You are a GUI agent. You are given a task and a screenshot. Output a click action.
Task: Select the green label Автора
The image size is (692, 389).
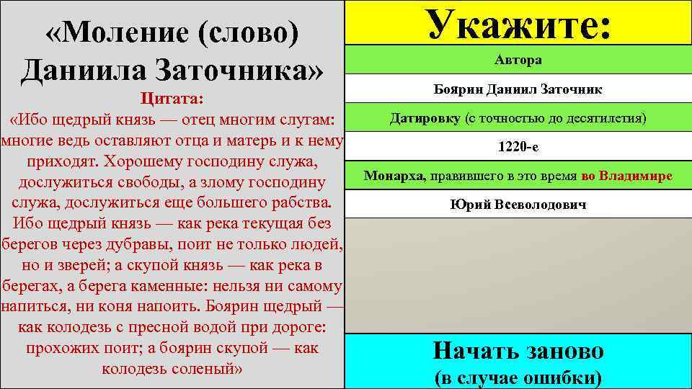[518, 61]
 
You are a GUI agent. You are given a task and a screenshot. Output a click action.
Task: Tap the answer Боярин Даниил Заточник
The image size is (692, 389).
[518, 89]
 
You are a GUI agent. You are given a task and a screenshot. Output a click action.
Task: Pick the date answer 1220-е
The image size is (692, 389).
[518, 146]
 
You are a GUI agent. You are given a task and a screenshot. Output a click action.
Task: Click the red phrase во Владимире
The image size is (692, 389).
[626, 176]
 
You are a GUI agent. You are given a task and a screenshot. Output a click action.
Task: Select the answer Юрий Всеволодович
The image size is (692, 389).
[518, 205]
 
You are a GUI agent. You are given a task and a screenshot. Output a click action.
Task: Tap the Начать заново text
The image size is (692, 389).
[518, 351]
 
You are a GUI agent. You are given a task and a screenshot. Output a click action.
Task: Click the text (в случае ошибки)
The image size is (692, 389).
[518, 377]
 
